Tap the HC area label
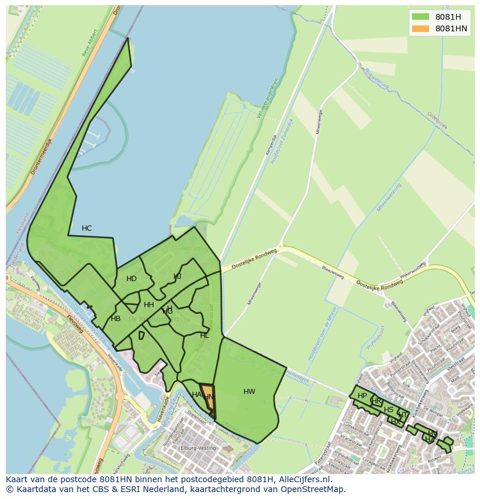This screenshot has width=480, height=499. (x=86, y=228)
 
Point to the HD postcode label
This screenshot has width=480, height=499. (x=132, y=279)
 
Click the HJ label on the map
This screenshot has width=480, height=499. (x=177, y=276)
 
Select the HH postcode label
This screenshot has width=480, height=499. (x=149, y=305)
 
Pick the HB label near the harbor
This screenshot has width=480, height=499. (x=116, y=319)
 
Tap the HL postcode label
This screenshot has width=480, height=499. (x=204, y=336)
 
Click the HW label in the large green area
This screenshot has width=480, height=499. (x=249, y=392)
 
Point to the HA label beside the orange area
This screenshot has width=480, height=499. (x=196, y=395)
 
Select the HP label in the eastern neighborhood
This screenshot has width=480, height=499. (x=362, y=396)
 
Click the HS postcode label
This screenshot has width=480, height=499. (x=388, y=410)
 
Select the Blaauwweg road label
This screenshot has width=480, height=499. (x=333, y=273)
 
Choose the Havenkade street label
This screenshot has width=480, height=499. (x=164, y=408)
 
